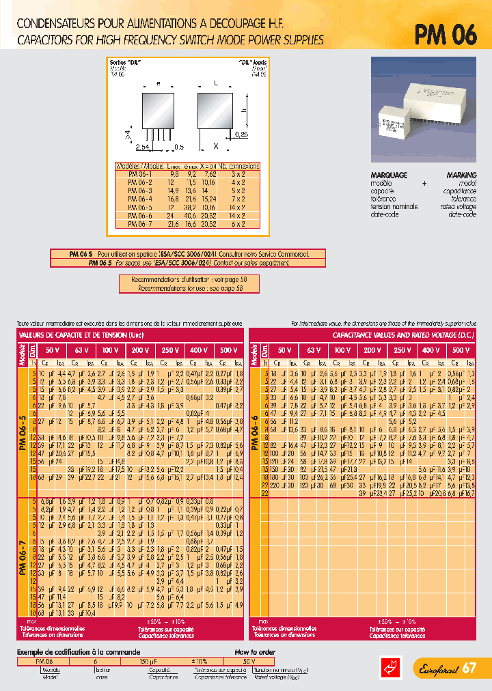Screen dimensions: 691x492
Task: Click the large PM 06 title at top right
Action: (445, 34)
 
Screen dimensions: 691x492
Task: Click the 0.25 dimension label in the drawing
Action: (241, 135)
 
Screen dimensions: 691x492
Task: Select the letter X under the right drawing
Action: (216, 146)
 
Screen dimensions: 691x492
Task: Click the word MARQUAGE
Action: (389, 175)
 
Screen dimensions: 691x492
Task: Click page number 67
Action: (469, 667)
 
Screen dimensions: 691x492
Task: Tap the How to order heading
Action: (255, 653)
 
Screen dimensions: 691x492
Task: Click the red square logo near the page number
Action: (388, 667)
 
